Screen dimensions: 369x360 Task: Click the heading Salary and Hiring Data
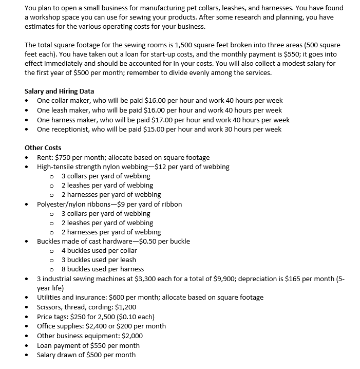[59, 91]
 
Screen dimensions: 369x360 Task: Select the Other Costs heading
[43, 148]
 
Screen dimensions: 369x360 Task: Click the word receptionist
[72, 129]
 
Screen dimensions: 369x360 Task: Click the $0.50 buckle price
[141, 241]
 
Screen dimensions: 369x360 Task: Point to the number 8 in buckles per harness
[64, 269]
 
